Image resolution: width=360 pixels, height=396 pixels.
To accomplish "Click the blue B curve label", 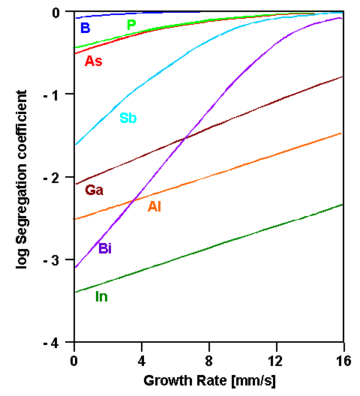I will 85,28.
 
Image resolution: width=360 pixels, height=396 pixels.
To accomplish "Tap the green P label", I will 131,25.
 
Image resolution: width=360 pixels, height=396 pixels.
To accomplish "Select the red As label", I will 94,61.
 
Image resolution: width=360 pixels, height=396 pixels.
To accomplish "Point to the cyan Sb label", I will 128,118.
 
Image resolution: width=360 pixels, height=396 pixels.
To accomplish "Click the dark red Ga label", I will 94,190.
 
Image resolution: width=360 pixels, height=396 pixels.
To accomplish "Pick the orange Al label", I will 154,206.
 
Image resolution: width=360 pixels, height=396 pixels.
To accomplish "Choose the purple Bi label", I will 105,248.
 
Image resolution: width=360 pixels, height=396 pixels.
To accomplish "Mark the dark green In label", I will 101,296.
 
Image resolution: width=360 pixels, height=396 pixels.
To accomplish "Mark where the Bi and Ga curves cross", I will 185,136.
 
